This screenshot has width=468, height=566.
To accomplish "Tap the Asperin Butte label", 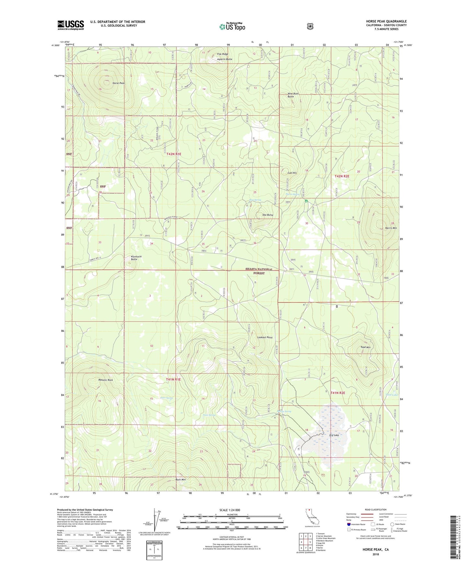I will coord(225,59).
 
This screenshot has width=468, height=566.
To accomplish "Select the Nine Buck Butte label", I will coord(293,95).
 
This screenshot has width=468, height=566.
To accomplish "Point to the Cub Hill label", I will coord(292,173).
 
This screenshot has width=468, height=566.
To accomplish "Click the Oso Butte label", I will coord(268,215).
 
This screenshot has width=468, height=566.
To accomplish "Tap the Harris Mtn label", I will coord(391,228).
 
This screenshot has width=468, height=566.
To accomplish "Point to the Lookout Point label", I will coord(265,337).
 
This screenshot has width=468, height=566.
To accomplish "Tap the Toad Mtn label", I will coord(365,347).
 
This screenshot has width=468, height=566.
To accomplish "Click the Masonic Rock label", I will coord(106,380).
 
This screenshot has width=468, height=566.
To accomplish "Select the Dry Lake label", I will coord(334,435).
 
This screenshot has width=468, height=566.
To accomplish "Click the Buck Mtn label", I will coord(180,479).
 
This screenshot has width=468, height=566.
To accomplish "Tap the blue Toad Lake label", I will coord(391,395).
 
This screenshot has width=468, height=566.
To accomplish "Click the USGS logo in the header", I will coord(71,25).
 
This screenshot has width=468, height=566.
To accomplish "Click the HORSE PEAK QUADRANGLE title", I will coord(386,21).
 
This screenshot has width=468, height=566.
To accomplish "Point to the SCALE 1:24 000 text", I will coord(230,510).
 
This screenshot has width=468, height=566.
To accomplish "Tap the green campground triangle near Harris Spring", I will coord(306,201).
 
